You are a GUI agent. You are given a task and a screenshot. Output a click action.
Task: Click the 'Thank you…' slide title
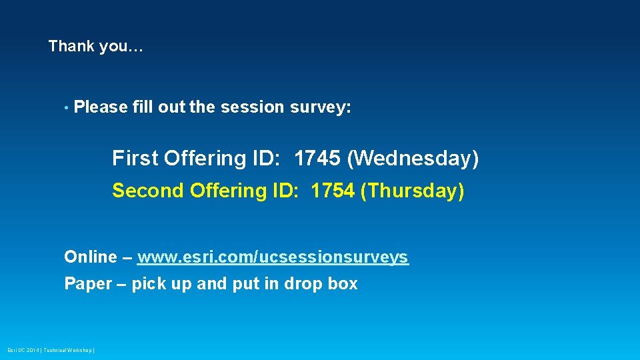point(95,47)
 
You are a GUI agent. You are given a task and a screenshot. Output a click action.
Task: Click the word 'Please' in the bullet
point(101,107)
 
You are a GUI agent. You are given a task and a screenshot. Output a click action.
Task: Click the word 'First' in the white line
point(135,159)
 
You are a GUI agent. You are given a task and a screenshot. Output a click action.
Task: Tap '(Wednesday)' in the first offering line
point(413,159)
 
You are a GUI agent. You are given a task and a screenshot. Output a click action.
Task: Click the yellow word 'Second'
point(147,191)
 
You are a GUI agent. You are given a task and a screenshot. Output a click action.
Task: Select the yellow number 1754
point(332,191)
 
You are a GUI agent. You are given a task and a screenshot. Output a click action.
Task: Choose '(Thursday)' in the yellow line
point(412,191)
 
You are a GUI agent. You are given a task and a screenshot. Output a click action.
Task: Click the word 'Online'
point(90,257)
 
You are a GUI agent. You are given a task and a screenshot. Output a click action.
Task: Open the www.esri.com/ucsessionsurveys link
point(273,257)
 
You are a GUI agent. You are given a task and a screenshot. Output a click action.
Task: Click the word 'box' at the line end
point(343,284)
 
